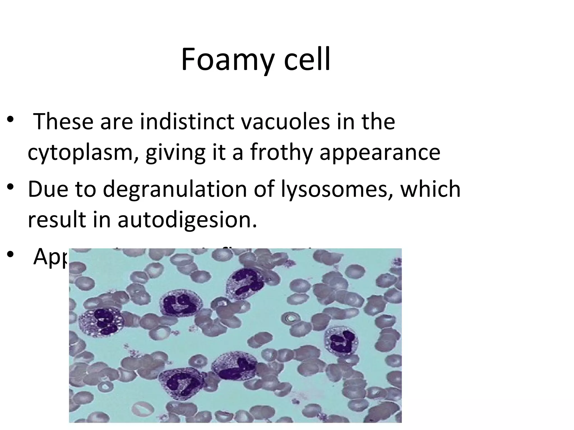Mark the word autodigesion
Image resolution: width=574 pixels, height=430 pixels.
[x=187, y=219]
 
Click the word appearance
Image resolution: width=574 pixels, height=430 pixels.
[x=380, y=153]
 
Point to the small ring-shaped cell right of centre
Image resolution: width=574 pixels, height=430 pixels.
[x=291, y=318]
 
